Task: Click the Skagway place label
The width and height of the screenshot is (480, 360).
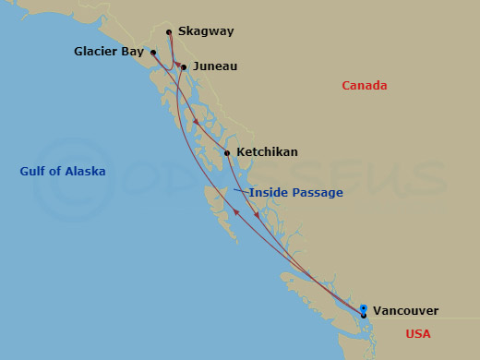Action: coord(206,31)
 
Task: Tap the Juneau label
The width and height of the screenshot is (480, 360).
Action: coord(214,66)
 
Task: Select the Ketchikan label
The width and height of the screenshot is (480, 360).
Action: coord(267,151)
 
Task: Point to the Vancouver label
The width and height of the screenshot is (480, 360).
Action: coord(405,311)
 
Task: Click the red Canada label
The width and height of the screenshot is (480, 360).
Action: coord(364,86)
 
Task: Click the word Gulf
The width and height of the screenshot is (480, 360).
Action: coord(34,171)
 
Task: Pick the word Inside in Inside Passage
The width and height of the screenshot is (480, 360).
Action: coord(268,192)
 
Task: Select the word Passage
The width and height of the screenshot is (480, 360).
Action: coord(317,192)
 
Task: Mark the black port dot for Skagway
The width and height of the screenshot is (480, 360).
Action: coord(169,33)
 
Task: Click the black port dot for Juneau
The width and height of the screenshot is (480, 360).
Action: coord(184,67)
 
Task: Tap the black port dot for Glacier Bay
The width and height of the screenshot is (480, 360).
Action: coord(153,53)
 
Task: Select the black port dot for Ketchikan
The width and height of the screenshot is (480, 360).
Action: coord(227,153)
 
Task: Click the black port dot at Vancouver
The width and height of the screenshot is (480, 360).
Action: coord(364,316)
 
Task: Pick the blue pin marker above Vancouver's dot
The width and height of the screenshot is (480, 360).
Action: coord(364,308)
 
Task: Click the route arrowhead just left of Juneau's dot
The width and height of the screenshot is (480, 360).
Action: coord(176,65)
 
